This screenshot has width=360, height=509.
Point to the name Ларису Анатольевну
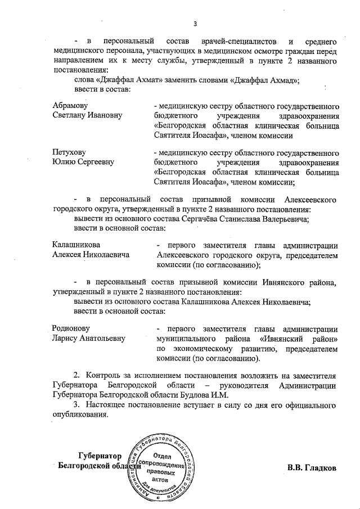(x=88, y=339)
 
